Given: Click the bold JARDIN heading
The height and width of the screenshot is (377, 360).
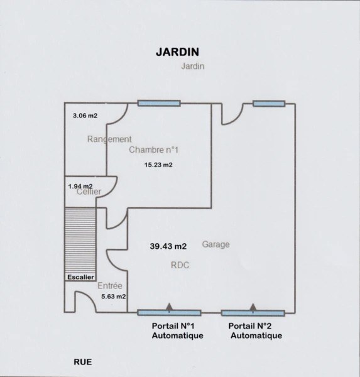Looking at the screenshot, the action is click(177, 52).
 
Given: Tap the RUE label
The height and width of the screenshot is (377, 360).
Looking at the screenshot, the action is click(83, 362).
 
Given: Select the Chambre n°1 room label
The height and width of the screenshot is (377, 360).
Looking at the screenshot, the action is click(154, 150).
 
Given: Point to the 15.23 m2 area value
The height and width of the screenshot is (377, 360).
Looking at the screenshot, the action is click(158, 165).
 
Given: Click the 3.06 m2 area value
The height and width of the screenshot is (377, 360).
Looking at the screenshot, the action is click(85, 116).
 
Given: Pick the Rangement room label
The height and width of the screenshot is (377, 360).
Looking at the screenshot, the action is click(109, 139).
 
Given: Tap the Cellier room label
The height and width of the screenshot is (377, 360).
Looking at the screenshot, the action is click(89, 192).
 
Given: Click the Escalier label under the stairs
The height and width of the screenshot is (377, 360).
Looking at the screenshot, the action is click(80, 277).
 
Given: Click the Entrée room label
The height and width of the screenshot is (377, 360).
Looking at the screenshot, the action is click(110, 286).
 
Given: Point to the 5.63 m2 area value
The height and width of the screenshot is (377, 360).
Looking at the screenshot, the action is click(114, 297).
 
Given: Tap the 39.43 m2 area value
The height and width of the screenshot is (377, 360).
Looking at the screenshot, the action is click(168, 246).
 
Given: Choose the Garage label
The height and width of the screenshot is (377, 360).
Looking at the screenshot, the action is click(215, 244).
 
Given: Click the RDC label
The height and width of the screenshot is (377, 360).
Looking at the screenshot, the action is click(180, 265).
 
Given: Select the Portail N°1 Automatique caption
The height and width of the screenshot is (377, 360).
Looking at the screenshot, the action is click(177, 331).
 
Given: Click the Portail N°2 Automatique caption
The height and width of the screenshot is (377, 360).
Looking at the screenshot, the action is click(255, 331).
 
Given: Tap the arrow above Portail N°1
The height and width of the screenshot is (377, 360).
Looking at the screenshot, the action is click(169, 307).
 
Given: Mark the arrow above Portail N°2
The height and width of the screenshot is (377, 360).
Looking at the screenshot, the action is click(253, 308).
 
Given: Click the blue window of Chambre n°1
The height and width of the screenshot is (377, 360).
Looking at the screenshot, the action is click(159, 104).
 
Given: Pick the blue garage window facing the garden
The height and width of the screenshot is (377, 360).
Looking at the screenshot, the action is click(269, 104).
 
